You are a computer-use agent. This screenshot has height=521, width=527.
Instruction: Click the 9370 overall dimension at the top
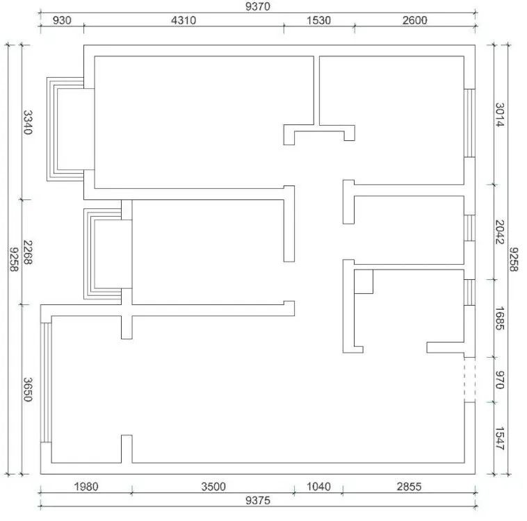click(x=257, y=6)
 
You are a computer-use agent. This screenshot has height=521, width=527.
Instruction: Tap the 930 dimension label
click(x=62, y=20)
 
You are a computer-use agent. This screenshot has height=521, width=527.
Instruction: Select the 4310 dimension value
click(x=184, y=20)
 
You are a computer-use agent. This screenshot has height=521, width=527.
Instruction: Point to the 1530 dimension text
click(x=318, y=20)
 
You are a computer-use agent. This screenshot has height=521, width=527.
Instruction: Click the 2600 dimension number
click(x=415, y=20)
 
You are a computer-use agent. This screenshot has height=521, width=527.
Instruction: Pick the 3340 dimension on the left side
click(x=28, y=122)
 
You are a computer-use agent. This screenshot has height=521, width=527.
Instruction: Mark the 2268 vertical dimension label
click(x=28, y=252)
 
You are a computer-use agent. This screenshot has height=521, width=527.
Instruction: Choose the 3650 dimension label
click(x=28, y=390)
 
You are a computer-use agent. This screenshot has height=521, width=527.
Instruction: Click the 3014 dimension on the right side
click(x=500, y=115)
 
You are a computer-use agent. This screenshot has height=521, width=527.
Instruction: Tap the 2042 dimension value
click(x=500, y=232)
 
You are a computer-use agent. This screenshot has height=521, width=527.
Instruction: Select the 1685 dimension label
click(x=500, y=318)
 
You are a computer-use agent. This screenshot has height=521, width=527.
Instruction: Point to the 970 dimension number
click(x=500, y=379)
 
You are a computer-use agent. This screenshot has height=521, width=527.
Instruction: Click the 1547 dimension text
click(x=500, y=438)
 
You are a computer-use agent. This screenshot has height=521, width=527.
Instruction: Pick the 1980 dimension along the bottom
click(x=86, y=486)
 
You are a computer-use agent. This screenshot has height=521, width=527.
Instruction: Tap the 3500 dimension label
click(x=213, y=486)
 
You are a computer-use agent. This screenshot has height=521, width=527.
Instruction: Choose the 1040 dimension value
click(x=318, y=486)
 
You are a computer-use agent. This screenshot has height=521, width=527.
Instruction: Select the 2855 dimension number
click(x=409, y=486)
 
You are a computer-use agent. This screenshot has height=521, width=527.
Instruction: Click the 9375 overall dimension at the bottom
click(x=258, y=501)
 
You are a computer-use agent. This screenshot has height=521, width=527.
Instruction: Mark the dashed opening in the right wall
click(x=470, y=379)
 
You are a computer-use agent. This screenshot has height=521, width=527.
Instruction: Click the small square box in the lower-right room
click(x=364, y=281)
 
